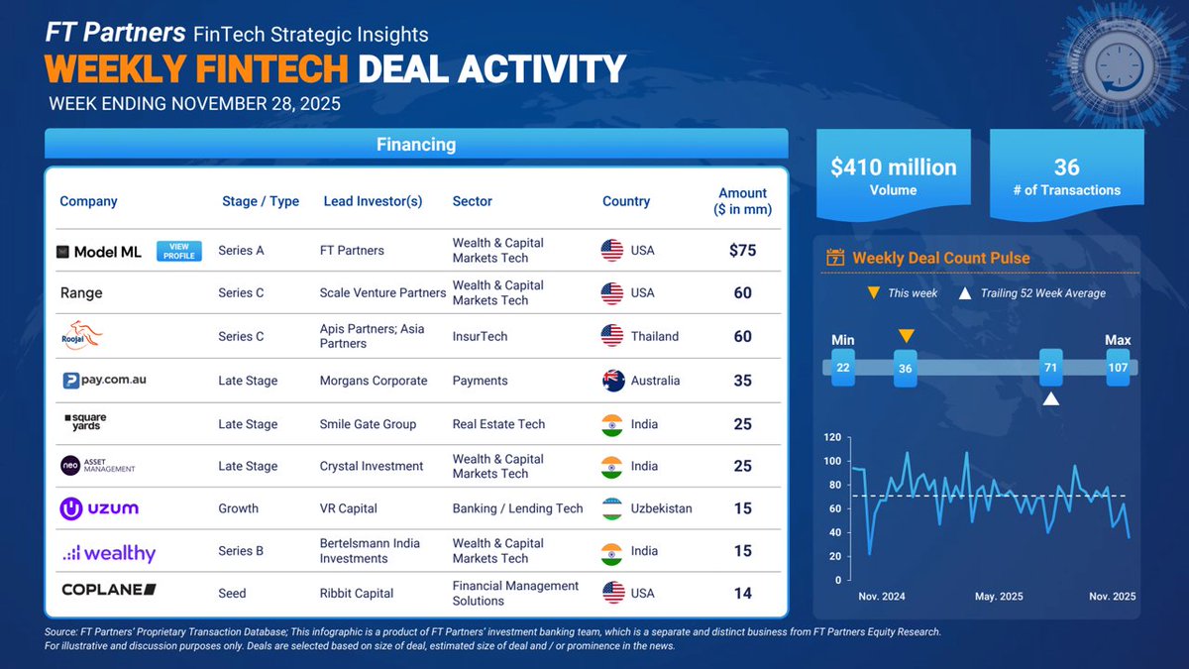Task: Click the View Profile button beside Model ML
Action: tap(179, 252)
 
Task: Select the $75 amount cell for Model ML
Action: tap(742, 251)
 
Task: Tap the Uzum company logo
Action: tap(99, 508)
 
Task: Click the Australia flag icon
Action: tap(612, 381)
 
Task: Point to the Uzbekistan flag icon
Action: tap(612, 508)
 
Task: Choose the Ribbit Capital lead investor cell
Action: tap(357, 594)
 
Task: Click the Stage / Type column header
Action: tap(261, 201)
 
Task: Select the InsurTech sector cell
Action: tap(480, 337)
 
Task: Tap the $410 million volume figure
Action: tap(893, 167)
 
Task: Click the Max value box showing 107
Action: tap(1118, 368)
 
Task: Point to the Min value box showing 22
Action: tap(843, 368)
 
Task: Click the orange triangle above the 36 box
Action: tap(906, 336)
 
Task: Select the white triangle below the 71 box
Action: tap(1050, 398)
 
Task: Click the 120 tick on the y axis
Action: tap(832, 437)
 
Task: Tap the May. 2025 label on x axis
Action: tap(999, 597)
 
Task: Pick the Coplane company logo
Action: tap(109, 590)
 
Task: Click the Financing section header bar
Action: tap(416, 145)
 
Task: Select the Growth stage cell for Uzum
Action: tap(239, 508)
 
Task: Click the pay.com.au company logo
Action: tap(104, 380)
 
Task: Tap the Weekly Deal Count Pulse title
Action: tap(940, 259)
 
